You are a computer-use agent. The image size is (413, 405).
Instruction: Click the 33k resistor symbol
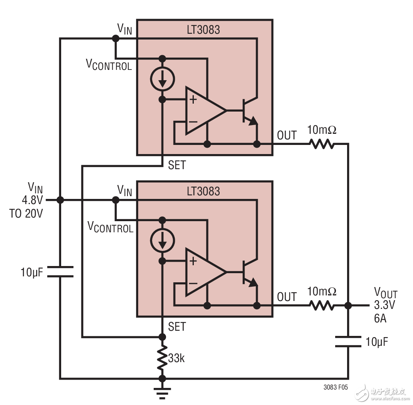[x=162, y=358]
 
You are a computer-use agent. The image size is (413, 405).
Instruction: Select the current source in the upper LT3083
[x=162, y=79]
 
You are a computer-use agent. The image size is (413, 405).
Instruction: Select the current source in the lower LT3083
[x=162, y=240]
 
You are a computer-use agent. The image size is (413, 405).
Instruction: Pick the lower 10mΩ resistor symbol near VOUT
[x=322, y=305]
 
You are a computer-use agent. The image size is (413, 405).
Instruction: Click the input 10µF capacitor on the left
[x=60, y=272]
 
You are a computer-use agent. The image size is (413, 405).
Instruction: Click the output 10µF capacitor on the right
[x=348, y=341]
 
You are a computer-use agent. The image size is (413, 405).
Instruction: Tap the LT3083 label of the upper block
[x=203, y=30]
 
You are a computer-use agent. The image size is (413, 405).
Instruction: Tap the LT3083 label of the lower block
[x=203, y=191]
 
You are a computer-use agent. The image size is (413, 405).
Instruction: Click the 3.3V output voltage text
[x=385, y=306]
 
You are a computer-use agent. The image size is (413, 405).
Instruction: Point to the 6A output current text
[x=380, y=318]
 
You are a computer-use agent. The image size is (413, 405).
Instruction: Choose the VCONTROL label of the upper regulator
[x=109, y=64]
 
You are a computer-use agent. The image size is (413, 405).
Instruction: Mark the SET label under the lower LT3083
[x=177, y=326]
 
